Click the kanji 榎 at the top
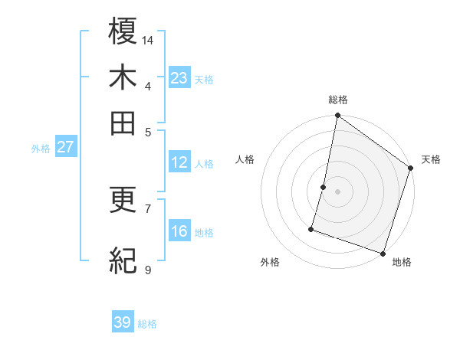pos(123,31)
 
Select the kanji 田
pos(123,123)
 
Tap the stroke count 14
pos(148,40)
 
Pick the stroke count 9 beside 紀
pos(148,270)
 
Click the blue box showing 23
pos(179,78)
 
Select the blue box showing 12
pos(179,162)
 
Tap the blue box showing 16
pos(179,231)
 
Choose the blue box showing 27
pos(65,147)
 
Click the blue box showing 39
pos(123,322)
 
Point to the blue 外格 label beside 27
pos(41,149)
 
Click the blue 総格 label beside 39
pos(147,324)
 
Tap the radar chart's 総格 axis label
pos(337,100)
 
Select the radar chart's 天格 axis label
pos(431,159)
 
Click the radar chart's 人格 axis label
pos(245,159)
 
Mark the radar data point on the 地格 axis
pos(383,252)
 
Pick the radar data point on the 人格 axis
pos(324,186)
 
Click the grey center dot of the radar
pos(337,191)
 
